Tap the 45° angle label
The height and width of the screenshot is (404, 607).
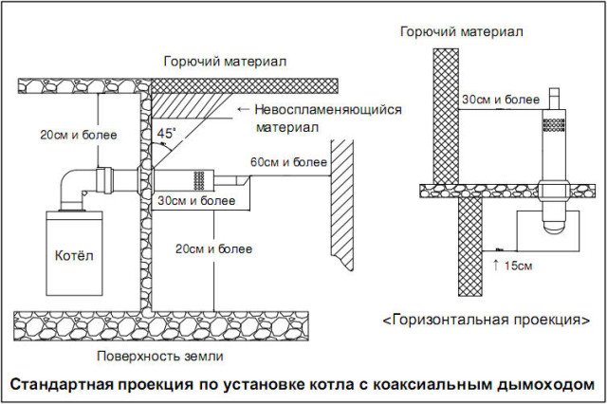[x=166, y=134]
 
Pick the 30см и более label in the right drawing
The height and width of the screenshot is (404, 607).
[x=501, y=98]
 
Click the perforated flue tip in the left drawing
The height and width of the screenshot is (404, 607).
[x=201, y=178]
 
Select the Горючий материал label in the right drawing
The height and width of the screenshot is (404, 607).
[x=463, y=31]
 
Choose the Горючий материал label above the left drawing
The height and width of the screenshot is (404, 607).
[x=225, y=61]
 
